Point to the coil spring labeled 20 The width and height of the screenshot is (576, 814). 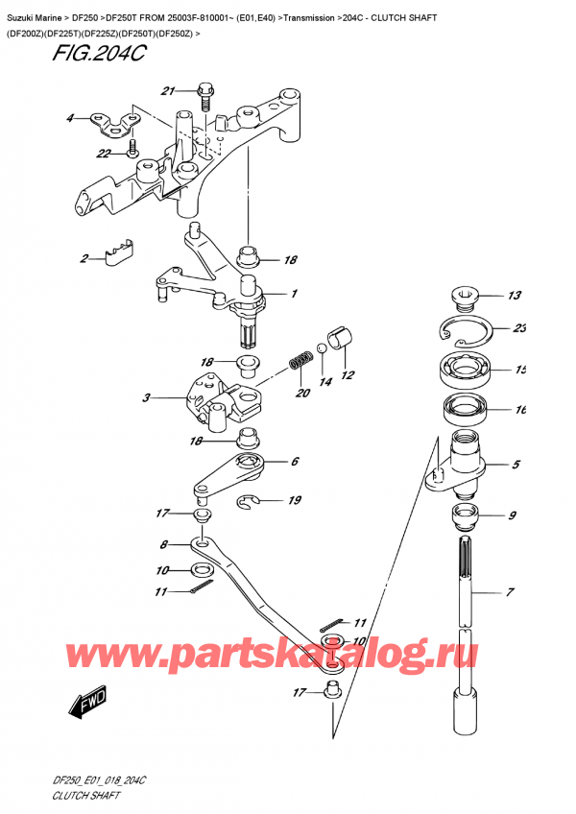pos(299,364)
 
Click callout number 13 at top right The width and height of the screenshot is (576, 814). pos(514,296)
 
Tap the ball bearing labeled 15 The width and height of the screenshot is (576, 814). pos(467,370)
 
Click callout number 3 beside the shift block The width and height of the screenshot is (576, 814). pos(146,397)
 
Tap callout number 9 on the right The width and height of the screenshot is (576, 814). pos(513,516)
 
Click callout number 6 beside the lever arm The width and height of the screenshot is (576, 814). pos(294,462)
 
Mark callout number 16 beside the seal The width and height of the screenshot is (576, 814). pos(519,410)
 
